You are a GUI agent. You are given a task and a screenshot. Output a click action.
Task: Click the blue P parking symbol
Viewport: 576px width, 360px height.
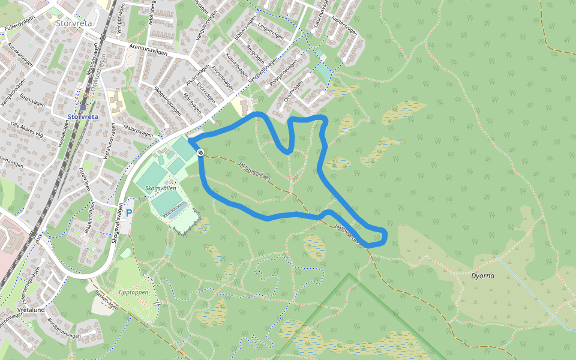128,213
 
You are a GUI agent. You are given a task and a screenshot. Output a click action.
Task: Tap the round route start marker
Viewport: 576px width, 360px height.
200,152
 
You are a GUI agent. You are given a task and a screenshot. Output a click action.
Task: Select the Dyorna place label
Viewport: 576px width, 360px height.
483,277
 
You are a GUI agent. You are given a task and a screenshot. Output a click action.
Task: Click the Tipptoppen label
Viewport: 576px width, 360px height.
133,292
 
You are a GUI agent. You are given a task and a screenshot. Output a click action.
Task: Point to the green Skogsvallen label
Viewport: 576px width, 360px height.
161,188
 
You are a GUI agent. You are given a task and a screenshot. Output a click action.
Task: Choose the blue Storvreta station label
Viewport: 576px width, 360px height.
83,117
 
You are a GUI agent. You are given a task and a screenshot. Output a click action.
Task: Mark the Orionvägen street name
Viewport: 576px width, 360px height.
296,91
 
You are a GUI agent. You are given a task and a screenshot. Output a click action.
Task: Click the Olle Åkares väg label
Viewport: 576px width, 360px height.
28,128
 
